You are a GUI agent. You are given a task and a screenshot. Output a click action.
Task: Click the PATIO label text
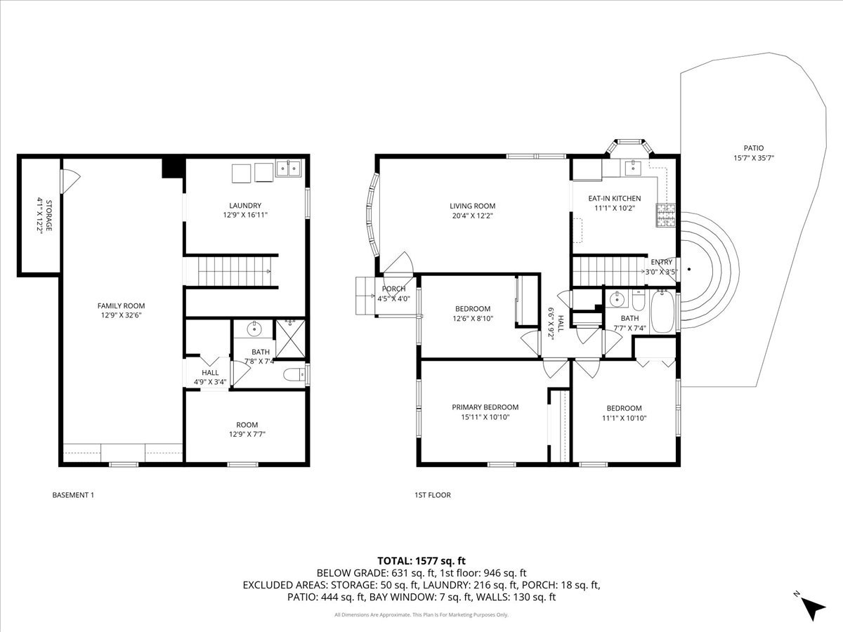754,148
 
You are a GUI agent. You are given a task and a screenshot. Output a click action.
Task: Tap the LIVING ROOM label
472,206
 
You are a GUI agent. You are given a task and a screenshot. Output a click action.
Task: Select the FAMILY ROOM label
121,306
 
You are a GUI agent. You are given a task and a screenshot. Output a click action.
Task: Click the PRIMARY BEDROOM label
485,407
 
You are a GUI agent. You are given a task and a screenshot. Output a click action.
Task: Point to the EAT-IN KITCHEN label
615,199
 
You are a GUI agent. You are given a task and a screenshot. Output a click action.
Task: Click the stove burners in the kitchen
665,216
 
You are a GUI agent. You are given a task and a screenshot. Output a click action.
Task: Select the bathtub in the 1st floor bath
663,312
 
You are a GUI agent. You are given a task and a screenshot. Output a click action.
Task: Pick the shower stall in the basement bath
290,339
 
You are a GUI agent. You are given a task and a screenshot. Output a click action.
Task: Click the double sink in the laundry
289,169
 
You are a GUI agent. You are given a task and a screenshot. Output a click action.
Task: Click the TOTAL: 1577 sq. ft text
421,561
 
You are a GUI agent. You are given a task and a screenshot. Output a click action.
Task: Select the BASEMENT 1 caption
73,495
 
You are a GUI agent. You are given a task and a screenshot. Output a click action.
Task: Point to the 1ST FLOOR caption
433,495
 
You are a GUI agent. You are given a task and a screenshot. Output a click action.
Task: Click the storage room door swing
70,181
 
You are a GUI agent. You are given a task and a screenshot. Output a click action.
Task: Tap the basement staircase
234,271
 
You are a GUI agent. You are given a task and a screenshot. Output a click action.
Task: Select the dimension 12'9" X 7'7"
247,435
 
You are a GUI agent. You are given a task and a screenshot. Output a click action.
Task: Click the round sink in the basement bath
254,329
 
